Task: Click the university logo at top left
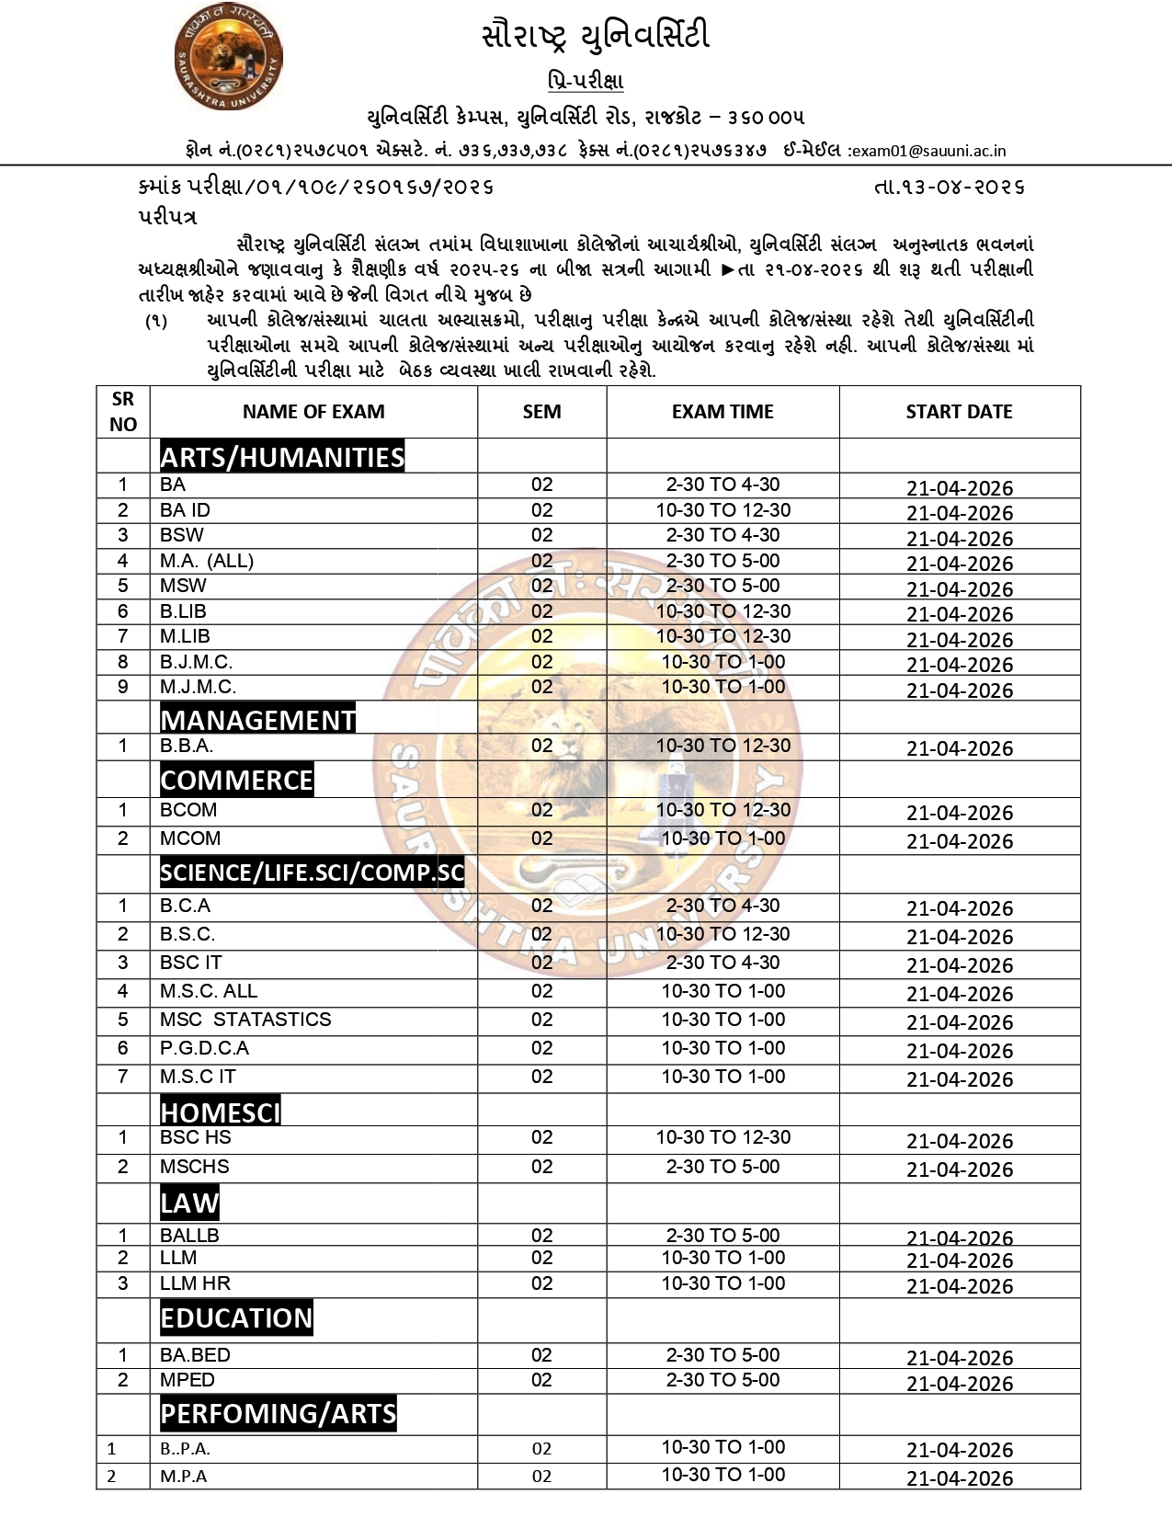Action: point(227,58)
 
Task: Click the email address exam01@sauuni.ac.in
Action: point(927,151)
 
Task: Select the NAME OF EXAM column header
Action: point(313,412)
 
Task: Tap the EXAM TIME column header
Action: point(723,412)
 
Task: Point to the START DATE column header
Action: point(959,412)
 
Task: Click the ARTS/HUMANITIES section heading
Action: point(281,457)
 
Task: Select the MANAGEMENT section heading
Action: point(257,719)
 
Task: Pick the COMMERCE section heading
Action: point(236,780)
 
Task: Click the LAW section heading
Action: point(189,1203)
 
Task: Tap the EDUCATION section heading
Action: point(236,1317)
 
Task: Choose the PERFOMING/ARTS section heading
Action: point(278,1413)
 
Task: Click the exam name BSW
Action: point(182,535)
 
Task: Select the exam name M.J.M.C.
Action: point(198,687)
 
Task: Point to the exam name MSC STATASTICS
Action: point(245,1020)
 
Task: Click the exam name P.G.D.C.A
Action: point(204,1048)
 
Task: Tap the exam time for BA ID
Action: point(723,510)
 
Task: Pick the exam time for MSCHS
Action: point(723,1167)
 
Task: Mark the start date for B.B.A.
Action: point(960,748)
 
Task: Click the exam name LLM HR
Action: point(195,1283)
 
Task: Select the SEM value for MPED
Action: point(541,1380)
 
